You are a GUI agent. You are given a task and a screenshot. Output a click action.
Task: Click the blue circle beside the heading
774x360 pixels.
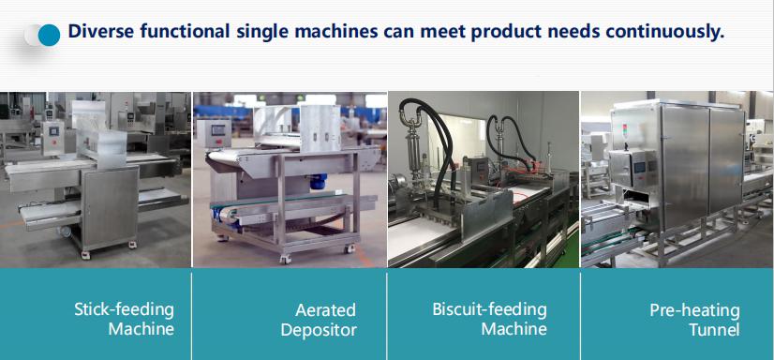pos(49,35)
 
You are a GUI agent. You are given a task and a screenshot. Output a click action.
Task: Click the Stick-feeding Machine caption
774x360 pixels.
pos(124,319)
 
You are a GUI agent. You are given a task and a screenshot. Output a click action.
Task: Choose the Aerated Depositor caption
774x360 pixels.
pos(319,320)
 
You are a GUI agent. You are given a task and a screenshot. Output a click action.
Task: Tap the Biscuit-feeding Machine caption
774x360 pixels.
pos(490,319)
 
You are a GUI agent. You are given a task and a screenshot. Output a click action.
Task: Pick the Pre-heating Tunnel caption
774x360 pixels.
pos(694,320)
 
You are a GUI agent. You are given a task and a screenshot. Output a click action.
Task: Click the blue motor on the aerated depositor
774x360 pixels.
pos(315,180)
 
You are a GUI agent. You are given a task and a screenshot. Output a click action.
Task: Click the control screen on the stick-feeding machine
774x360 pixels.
pos(52,130)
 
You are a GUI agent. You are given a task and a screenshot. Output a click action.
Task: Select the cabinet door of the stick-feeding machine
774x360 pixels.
pos(110,206)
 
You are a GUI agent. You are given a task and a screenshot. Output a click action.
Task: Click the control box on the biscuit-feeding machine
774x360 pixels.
pos(477,169)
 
